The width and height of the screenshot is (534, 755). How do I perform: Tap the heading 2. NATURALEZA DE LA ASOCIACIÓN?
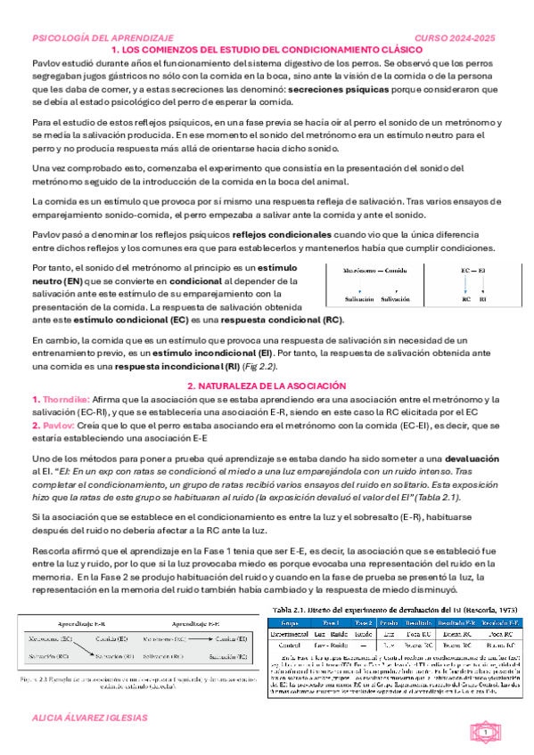(x=267, y=386)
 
